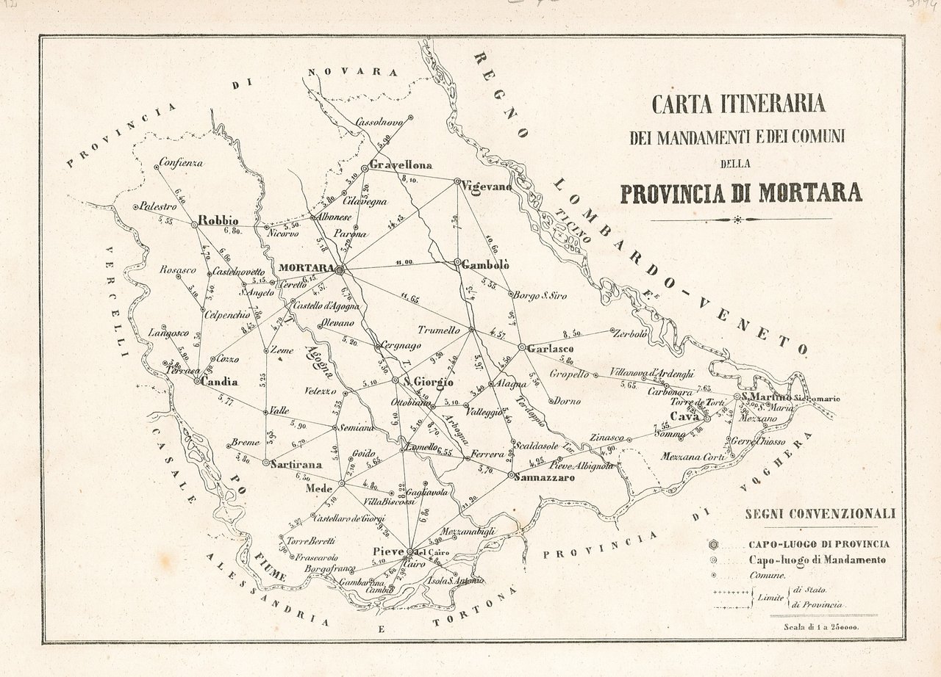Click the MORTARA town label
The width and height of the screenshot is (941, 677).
click(307, 268)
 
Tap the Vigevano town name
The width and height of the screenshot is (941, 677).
click(486, 187)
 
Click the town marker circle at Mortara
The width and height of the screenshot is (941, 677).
click(340, 270)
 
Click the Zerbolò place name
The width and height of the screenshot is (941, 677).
click(630, 333)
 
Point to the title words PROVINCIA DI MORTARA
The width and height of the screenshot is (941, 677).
click(741, 192)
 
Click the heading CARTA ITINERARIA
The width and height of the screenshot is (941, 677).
click(739, 104)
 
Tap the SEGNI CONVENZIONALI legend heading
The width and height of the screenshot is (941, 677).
click(820, 514)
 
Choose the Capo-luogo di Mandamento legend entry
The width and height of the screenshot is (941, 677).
click(817, 560)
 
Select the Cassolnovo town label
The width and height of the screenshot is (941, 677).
click(379, 123)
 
